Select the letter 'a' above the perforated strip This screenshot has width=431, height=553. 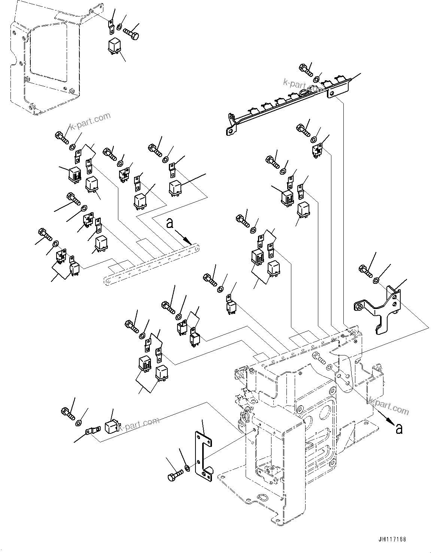[x=170, y=223]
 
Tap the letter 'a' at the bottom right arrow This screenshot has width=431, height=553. [x=399, y=428]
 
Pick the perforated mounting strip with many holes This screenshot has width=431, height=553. [x=152, y=262]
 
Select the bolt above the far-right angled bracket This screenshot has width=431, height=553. [x=365, y=270]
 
